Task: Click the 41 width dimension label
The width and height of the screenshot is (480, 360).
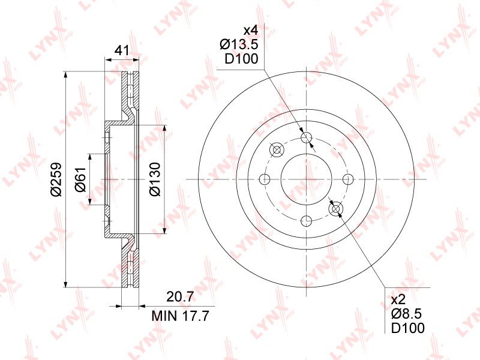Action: [122, 50]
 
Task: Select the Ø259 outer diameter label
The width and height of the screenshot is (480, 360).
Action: [56, 179]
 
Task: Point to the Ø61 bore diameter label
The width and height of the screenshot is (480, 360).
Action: [80, 179]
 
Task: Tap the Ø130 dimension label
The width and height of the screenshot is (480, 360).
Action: [155, 179]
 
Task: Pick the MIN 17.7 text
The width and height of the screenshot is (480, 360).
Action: [180, 316]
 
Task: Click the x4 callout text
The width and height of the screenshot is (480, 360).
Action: [250, 31]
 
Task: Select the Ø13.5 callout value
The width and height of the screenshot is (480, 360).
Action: [239, 44]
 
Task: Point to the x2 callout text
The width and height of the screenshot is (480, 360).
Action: [398, 299]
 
